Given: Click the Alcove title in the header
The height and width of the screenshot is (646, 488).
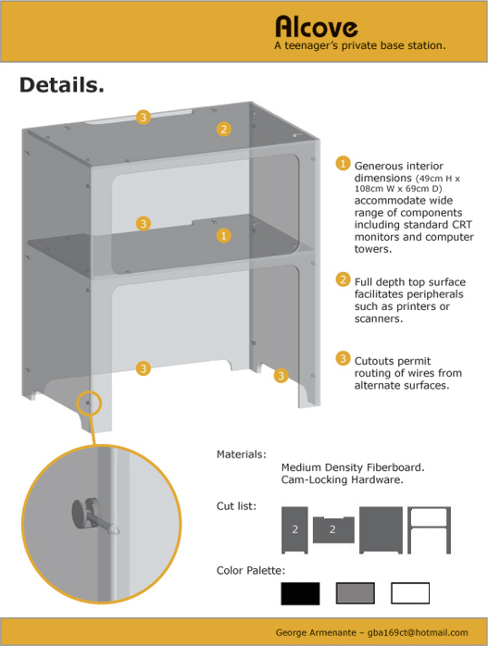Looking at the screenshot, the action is [x=316, y=27].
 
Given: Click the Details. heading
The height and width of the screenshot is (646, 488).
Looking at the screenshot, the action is [x=62, y=85].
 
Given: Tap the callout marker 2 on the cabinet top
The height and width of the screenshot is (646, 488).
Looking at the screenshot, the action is [x=224, y=130].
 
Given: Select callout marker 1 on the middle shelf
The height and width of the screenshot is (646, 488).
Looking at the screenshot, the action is [x=224, y=236].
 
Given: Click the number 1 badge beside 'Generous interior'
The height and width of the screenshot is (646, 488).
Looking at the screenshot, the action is [x=343, y=163].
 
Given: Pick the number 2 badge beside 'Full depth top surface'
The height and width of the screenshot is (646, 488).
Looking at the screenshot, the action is [x=343, y=280].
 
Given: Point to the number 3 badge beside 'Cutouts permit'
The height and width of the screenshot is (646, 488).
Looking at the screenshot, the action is [x=343, y=358].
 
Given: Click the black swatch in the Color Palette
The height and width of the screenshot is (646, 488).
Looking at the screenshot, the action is [x=300, y=593].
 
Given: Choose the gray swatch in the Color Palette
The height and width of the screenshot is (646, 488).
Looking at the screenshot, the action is [x=356, y=593].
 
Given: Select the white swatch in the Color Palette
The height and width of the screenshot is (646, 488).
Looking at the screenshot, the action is [x=410, y=593].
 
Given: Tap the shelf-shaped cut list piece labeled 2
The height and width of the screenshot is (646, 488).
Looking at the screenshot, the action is [x=333, y=529].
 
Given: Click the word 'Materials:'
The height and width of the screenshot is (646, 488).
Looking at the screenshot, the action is [x=242, y=454].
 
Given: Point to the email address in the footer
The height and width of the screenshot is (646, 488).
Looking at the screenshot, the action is [x=418, y=632].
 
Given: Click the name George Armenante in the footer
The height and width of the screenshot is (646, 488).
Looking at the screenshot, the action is [x=316, y=632].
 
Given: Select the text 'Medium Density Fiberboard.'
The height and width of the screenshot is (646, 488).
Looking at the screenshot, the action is [x=353, y=467].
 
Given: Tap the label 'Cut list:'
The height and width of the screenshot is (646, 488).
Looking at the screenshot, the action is [x=236, y=506].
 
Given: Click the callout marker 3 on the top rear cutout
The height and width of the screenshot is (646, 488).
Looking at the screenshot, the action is [x=144, y=118].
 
